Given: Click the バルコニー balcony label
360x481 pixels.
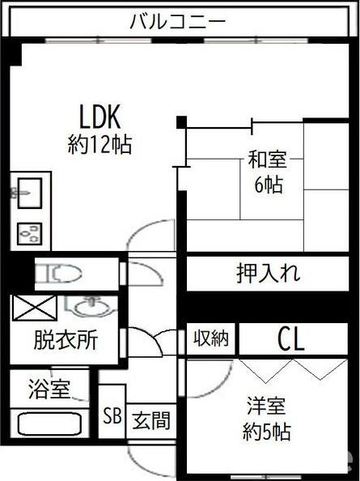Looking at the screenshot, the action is click(x=178, y=22).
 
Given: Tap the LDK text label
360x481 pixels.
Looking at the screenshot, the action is click(x=100, y=117).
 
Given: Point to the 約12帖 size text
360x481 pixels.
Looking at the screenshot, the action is click(x=100, y=144).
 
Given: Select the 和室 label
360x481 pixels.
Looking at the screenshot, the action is click(x=267, y=160).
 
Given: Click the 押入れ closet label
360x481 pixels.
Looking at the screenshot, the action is click(x=268, y=273).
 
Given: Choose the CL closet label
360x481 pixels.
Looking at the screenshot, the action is click(x=291, y=339).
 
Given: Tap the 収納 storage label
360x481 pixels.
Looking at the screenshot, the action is click(x=211, y=338).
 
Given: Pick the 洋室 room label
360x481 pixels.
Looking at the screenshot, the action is click(x=266, y=406).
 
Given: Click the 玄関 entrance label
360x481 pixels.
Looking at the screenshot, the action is click(x=151, y=420).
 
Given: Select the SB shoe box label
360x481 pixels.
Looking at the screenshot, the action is click(x=112, y=416).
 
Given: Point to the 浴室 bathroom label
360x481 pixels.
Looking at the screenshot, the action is click(x=49, y=389).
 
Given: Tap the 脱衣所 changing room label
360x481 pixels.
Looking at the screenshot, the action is click(x=66, y=340).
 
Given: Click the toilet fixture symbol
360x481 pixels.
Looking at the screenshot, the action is click(x=58, y=274).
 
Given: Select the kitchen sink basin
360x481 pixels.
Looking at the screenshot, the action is click(x=30, y=194).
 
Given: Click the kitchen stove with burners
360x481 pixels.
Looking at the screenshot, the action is click(x=29, y=234).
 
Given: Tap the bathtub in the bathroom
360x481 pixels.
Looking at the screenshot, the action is click(x=49, y=424).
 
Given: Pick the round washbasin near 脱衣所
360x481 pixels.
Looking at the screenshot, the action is click(x=92, y=308).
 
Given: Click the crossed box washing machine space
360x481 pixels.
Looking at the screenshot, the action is click(x=34, y=308).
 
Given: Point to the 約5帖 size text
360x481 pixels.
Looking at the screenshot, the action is click(x=266, y=432).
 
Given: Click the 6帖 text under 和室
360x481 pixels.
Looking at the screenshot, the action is click(x=269, y=185).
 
